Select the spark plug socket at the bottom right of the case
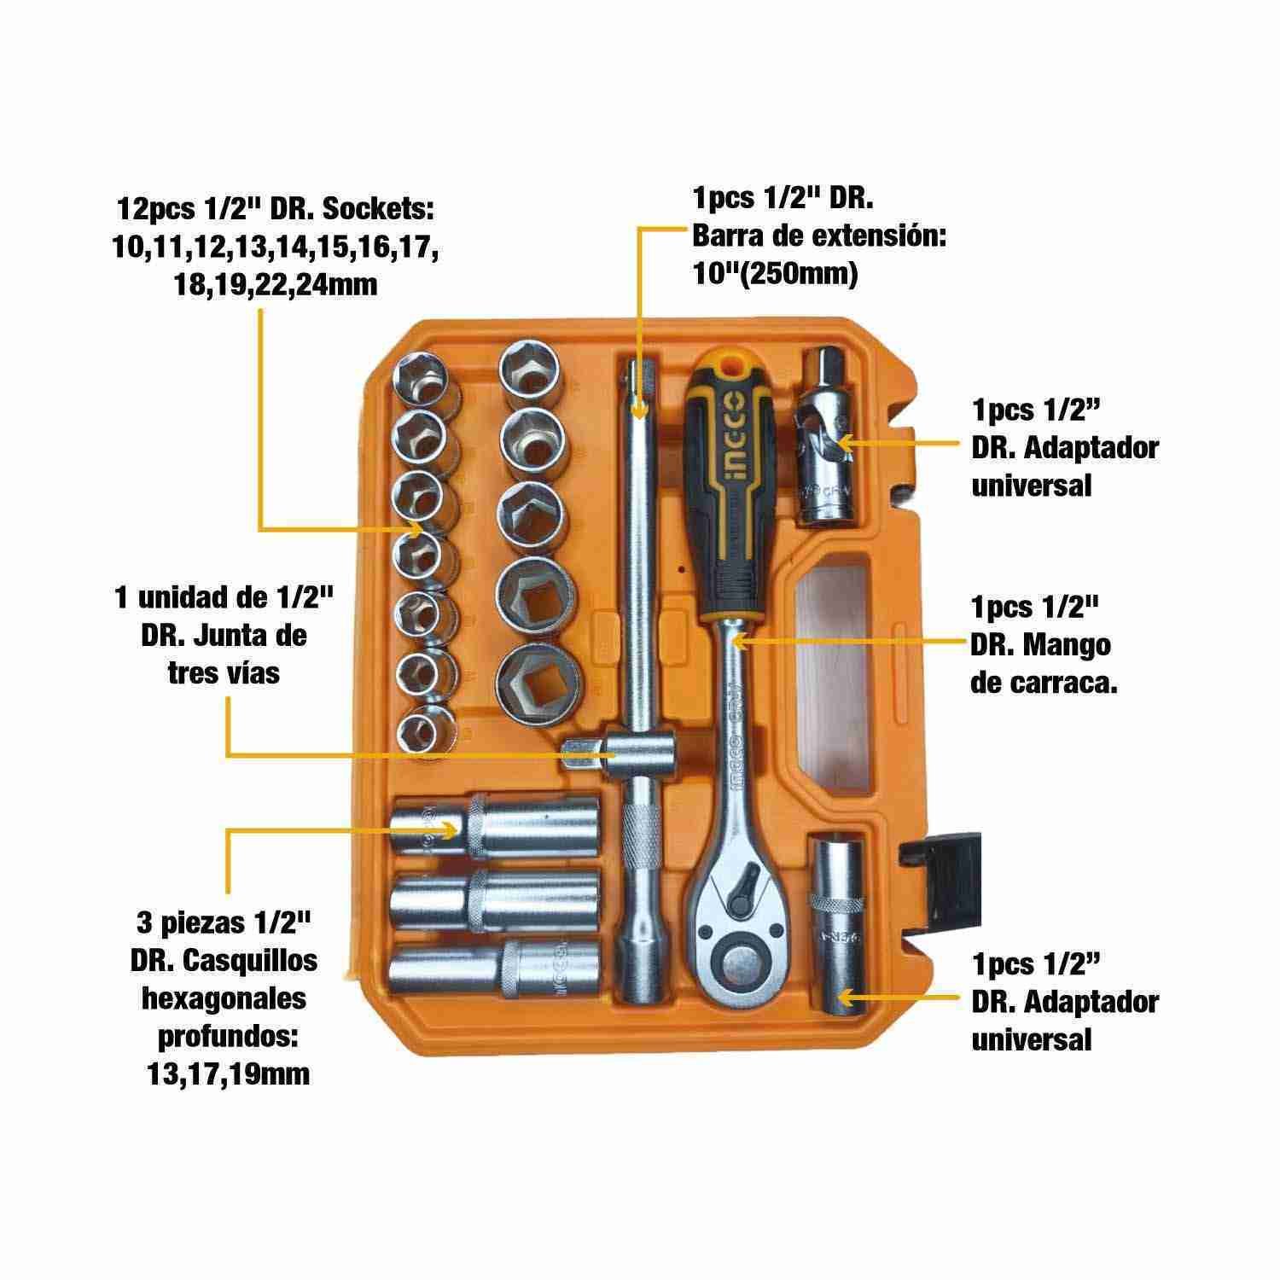coord(838,927)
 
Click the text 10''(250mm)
coord(775,275)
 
